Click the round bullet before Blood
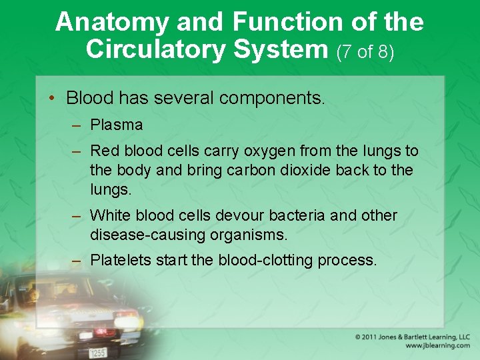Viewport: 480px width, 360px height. [52, 99]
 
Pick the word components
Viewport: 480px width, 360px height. [271, 99]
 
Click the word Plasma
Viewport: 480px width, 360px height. [116, 125]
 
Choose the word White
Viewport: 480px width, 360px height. [110, 215]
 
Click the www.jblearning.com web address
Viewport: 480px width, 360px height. [437, 345]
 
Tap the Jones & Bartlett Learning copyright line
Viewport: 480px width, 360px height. [412, 337]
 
